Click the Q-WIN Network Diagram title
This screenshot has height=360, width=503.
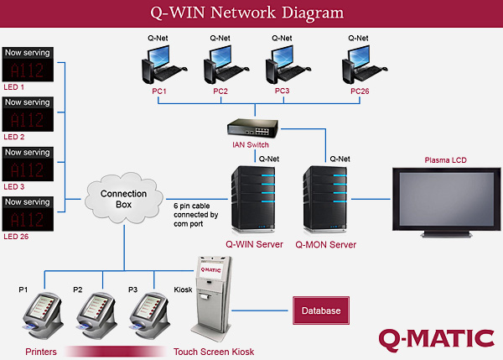pos(251,13)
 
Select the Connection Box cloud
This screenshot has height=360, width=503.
pos(124,200)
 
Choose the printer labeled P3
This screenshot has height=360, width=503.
pos(151,313)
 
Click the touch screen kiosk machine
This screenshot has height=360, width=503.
pos(213,298)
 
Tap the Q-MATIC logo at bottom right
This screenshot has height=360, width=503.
pos(435,338)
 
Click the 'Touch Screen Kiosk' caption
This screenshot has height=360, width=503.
pos(214,352)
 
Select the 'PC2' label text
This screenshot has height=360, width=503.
pos(220,91)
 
